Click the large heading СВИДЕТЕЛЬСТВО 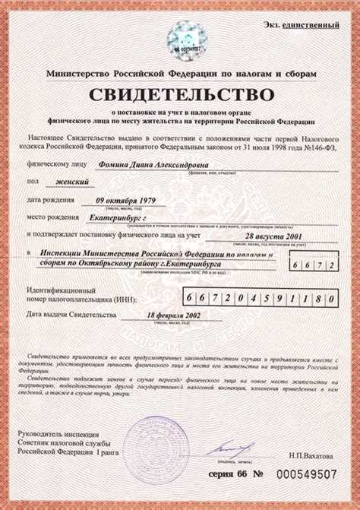(181, 95)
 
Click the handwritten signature (226, 448)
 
